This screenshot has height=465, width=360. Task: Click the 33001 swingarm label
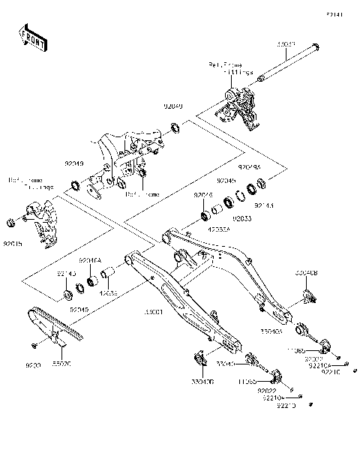(x=153, y=331)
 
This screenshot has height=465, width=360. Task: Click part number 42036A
(x=219, y=231)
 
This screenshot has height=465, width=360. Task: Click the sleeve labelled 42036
(x=109, y=271)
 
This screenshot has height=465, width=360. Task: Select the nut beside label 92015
(x=11, y=223)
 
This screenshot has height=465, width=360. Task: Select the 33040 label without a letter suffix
(x=225, y=363)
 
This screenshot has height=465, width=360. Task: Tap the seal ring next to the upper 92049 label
(x=174, y=127)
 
